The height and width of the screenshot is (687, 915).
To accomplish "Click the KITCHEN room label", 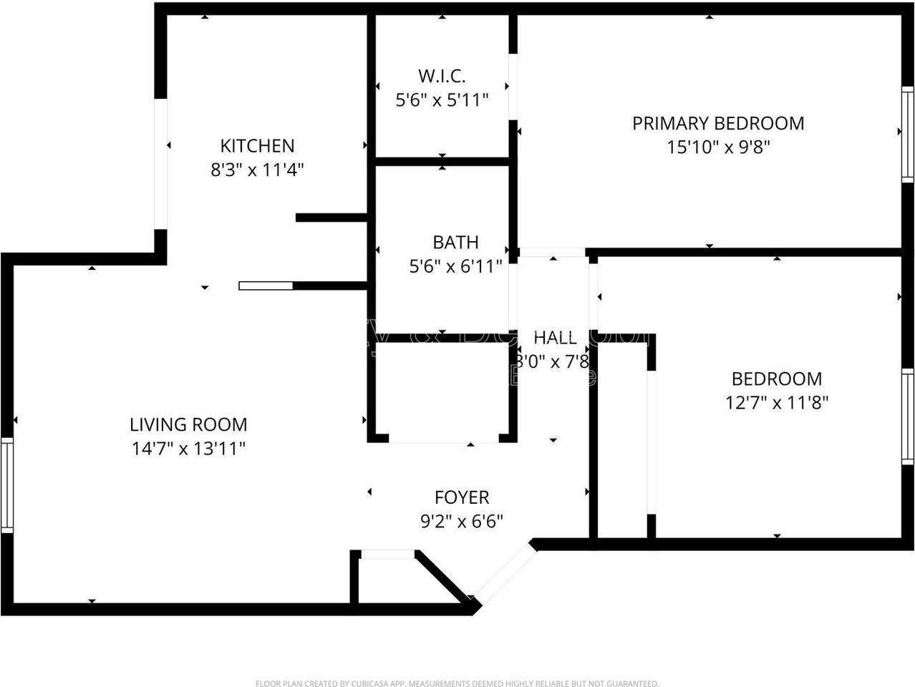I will coord(257,146).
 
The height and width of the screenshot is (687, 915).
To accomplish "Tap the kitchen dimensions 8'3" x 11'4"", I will coord(257,170).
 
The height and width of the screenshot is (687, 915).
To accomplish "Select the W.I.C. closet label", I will coord(442,76).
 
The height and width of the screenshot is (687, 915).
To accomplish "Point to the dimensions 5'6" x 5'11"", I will coord(442,100).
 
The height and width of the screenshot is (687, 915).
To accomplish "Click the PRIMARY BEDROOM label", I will coord(717,123).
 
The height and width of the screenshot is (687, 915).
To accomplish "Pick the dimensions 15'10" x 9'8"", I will coord(717,147).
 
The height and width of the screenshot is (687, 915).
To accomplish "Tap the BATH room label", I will coord(455,243).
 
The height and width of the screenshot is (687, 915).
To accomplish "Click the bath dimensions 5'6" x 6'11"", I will coord(455,267).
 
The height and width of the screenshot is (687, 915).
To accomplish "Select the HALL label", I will coord(555,338).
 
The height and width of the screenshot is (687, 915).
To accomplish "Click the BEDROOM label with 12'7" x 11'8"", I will coord(776,379).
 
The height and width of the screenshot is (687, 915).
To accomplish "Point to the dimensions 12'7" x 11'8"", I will coord(776,403).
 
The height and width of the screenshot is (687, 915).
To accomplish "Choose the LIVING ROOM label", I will coord(188,424).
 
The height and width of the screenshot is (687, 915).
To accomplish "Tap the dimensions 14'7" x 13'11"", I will coord(188,449).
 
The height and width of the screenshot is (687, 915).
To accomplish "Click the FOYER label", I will coord(462,497).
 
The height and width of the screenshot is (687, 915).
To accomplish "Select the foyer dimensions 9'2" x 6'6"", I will coord(462,521).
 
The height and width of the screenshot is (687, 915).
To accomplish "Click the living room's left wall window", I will coord(6,484).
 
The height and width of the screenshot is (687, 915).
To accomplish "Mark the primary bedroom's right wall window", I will coord(907,133).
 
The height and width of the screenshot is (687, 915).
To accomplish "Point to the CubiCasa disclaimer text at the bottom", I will coord(457,683).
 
